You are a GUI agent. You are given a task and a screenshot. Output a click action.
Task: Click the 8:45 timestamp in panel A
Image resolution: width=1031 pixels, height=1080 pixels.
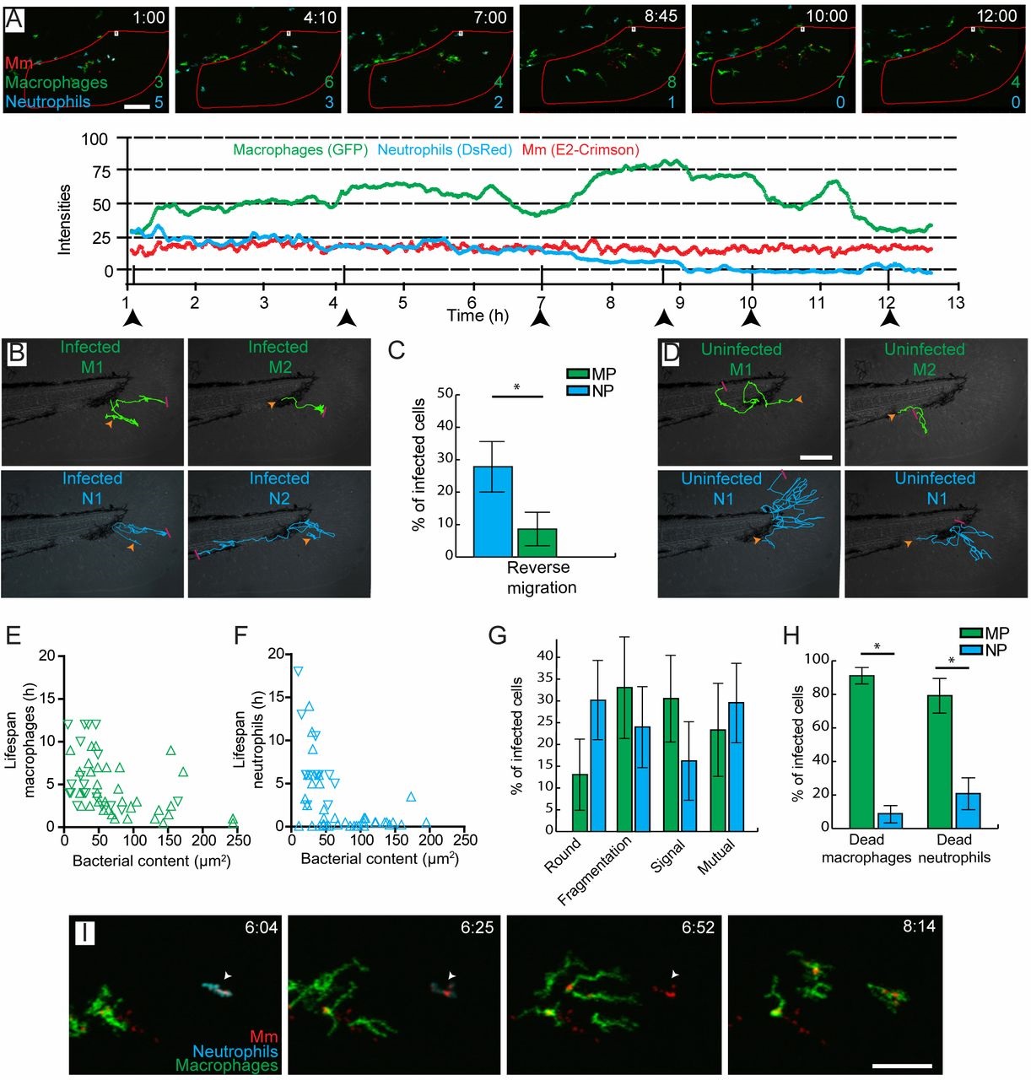click(x=661, y=16)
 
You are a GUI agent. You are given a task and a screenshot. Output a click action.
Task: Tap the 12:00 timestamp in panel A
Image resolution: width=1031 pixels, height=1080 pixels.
click(x=996, y=16)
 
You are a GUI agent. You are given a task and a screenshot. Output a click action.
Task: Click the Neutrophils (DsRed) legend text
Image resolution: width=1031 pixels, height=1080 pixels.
click(x=445, y=150)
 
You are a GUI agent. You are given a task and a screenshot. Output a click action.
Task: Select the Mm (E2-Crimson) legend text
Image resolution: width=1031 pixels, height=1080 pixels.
click(x=580, y=150)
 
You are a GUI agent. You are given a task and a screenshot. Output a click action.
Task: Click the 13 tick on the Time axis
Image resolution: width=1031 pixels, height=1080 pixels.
click(x=955, y=303)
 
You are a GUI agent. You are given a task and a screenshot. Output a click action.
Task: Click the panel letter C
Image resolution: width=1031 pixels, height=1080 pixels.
click(x=396, y=350)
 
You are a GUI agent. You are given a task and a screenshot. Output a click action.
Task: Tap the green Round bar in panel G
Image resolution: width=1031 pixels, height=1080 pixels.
click(x=579, y=802)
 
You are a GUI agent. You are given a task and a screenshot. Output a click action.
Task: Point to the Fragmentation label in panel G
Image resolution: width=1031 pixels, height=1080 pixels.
click(x=595, y=871)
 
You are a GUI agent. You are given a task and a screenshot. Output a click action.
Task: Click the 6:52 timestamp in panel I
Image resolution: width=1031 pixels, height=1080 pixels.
click(x=698, y=928)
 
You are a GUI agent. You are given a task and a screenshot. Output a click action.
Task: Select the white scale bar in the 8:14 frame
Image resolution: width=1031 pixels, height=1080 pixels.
click(x=901, y=1066)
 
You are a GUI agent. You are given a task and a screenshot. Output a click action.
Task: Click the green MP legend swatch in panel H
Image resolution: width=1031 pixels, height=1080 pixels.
click(x=971, y=634)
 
